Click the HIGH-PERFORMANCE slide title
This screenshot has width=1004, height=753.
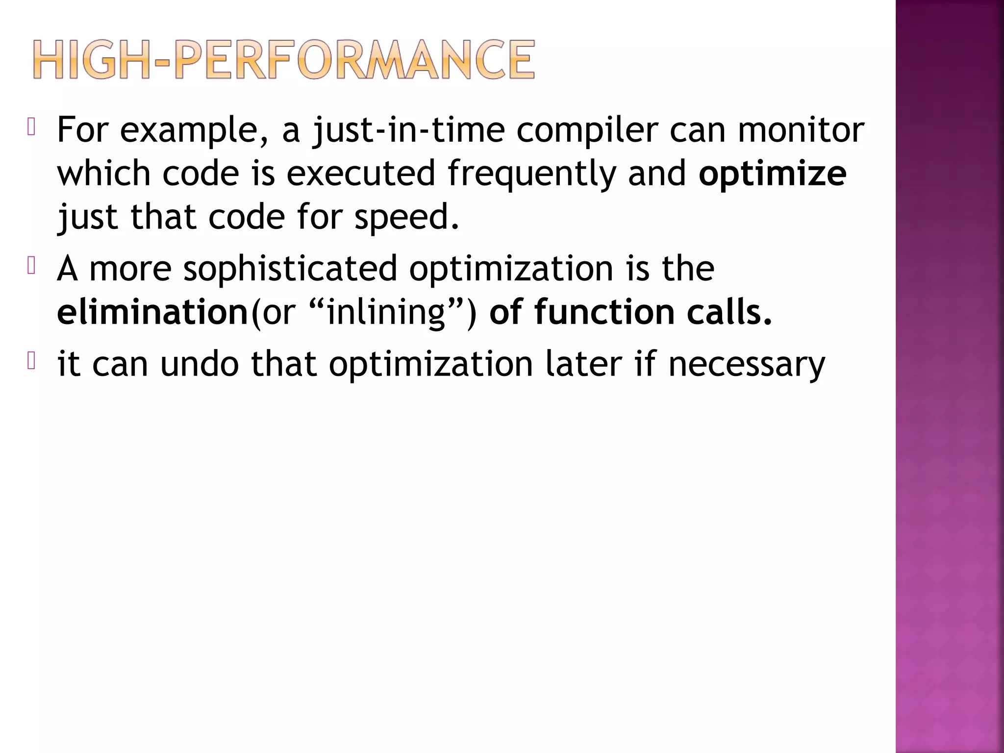283,60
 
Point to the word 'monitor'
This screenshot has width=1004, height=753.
801,130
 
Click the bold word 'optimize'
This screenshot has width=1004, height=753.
772,174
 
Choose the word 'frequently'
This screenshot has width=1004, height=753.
531,174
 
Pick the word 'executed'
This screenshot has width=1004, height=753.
361,174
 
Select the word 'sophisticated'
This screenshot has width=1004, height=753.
290,269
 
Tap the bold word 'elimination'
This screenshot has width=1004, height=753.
152,312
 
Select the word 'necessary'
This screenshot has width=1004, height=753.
747,364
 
